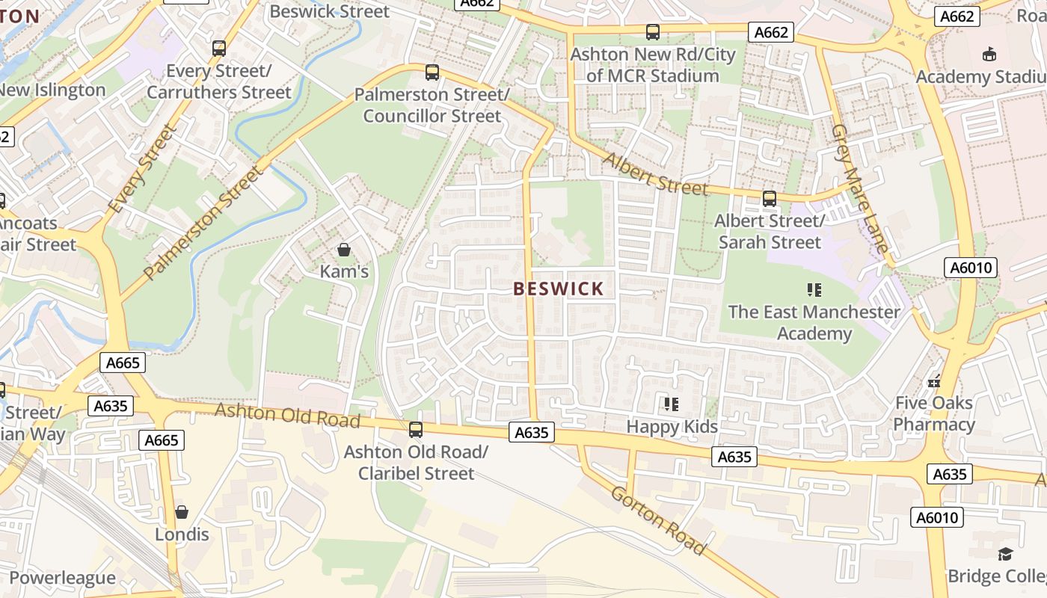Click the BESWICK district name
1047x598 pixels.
coord(559,289)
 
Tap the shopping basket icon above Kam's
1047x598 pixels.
coord(344,250)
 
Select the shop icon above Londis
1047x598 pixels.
coord(182,513)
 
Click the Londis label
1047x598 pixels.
coord(182,534)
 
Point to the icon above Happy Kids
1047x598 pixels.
coord(672,404)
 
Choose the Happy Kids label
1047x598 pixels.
coord(672,427)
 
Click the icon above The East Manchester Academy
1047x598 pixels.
coord(814,289)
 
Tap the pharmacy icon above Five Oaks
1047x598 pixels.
coord(934,381)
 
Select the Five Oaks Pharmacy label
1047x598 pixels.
coord(934,414)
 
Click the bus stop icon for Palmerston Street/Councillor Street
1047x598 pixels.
coord(432,73)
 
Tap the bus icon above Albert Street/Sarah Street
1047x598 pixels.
coord(769,199)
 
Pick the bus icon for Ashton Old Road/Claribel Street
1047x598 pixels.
coord(416,430)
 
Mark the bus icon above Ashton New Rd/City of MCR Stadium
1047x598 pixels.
coord(653,32)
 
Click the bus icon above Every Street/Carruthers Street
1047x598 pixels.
coord(219,49)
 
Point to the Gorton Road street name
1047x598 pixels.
coord(658,520)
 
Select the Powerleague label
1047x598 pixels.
coord(62,578)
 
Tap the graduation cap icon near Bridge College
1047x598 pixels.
coord(1005,554)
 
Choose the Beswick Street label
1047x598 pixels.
coord(329,11)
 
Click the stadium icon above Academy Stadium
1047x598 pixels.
coord(989,55)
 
